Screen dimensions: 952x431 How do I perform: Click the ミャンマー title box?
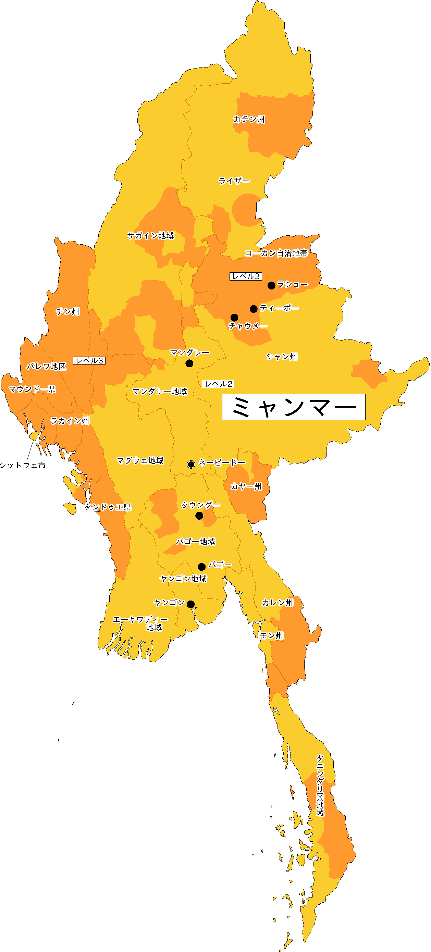tap(294, 407)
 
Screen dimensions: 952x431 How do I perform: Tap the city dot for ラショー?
tap(271, 285)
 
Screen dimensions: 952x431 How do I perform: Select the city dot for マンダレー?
tap(189, 363)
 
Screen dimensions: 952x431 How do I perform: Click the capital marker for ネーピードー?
tap(191, 464)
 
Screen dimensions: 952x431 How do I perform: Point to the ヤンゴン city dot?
tap(191, 604)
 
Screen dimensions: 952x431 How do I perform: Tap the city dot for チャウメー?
tap(234, 318)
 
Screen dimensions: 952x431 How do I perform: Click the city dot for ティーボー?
tap(254, 309)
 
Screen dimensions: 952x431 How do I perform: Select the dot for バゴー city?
tap(202, 567)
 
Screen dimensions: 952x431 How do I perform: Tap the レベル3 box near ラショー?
tap(246, 276)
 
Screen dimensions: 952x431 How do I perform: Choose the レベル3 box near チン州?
tap(89, 360)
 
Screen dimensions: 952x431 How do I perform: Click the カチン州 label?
tap(249, 119)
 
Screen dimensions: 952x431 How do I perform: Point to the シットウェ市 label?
tap(23, 465)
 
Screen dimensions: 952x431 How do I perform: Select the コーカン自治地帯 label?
tap(276, 253)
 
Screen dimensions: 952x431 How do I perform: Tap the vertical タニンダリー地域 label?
tap(320, 785)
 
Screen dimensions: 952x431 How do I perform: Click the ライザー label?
tap(234, 181)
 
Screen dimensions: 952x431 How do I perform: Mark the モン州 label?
tap(272, 635)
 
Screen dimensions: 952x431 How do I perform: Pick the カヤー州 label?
tap(246, 486)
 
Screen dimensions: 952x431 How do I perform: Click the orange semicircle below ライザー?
tap(245, 210)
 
